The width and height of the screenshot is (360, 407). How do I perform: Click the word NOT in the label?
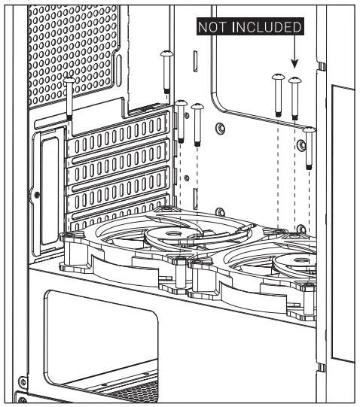(x=214, y=28)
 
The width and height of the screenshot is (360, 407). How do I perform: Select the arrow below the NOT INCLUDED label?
(x=294, y=53)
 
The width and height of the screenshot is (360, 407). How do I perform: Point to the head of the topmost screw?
(x=166, y=55)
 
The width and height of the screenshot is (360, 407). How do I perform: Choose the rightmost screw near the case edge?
(x=309, y=147)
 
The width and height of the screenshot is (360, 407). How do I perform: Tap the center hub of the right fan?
(x=291, y=263)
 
